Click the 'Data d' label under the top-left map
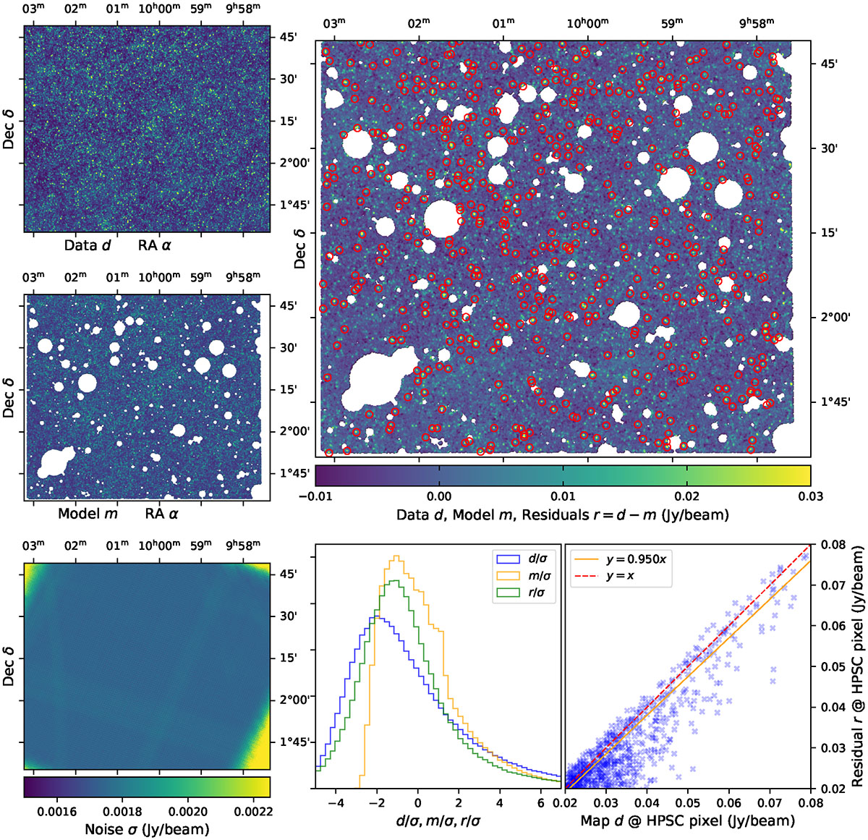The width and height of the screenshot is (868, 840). pos(88,245)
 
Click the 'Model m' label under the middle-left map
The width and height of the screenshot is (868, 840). pos(88,514)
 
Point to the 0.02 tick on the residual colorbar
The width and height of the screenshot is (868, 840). pos(686,496)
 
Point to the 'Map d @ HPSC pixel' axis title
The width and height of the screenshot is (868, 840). pos(687,820)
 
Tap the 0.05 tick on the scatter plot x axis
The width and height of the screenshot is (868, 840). pos(688,803)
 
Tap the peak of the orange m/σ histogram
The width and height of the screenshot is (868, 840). pos(396,556)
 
